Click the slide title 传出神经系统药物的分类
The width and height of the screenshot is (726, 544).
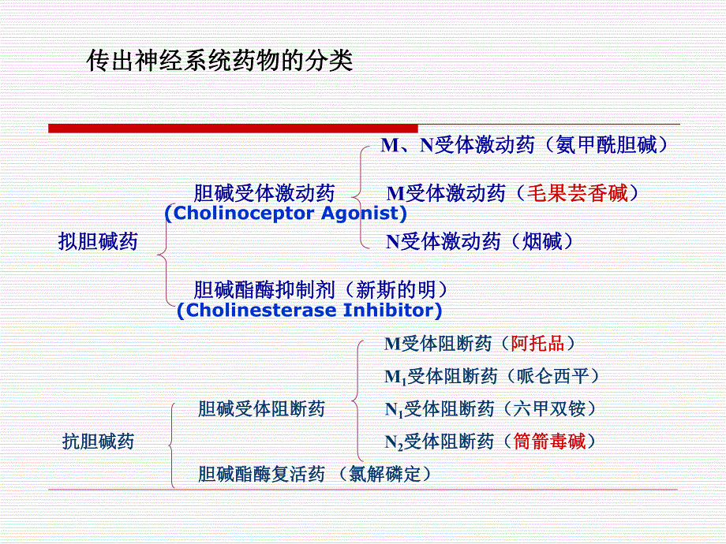[219, 61]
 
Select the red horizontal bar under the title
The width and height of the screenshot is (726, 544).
[233, 128]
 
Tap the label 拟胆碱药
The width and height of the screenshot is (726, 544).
[98, 241]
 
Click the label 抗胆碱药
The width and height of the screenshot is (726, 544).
[98, 441]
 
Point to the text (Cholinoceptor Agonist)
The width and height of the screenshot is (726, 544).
[286, 213]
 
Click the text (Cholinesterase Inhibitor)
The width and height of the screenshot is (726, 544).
[309, 310]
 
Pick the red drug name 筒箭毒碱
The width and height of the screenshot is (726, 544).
[549, 441]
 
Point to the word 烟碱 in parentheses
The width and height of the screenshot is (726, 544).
[542, 241]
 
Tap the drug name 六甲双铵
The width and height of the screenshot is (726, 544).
[549, 408]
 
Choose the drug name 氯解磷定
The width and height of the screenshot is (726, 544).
[384, 474]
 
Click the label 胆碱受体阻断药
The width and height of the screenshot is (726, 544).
[261, 408]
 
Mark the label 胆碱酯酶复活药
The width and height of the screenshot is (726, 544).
[261, 474]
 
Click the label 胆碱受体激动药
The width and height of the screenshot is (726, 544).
[264, 193]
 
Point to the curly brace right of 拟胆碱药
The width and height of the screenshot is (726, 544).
[164, 254]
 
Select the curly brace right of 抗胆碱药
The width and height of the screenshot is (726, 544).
[171, 445]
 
